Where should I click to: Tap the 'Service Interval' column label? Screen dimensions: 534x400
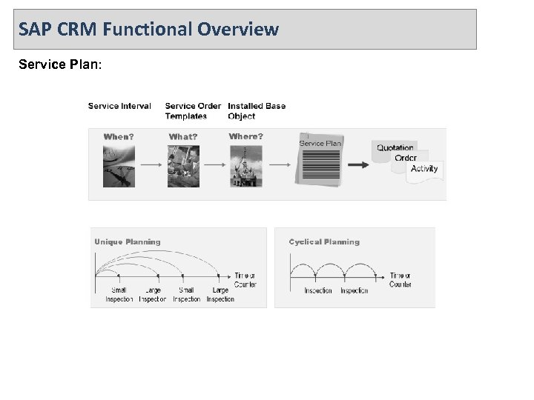(x=119, y=106)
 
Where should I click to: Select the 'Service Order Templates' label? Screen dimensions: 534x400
(x=193, y=111)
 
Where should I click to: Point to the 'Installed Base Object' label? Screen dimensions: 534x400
(x=257, y=111)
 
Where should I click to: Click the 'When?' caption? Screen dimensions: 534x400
(x=119, y=136)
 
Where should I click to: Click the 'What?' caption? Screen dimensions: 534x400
(x=183, y=136)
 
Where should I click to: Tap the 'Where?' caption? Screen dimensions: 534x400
(x=246, y=136)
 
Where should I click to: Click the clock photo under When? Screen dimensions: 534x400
(x=119, y=164)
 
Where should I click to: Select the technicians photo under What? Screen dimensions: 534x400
(x=183, y=164)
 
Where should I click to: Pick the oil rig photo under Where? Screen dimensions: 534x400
(x=246, y=164)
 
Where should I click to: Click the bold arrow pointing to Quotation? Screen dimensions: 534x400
(x=358, y=164)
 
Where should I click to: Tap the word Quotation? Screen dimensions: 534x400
(x=395, y=147)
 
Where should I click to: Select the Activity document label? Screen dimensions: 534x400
(x=424, y=168)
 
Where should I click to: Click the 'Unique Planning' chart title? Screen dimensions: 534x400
(x=127, y=241)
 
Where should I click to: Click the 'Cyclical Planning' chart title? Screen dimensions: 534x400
(x=324, y=241)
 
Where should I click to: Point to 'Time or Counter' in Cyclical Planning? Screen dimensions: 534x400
(x=400, y=279)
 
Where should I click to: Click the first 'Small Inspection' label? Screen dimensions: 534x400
(x=119, y=295)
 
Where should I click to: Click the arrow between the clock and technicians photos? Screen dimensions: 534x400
(x=151, y=164)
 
